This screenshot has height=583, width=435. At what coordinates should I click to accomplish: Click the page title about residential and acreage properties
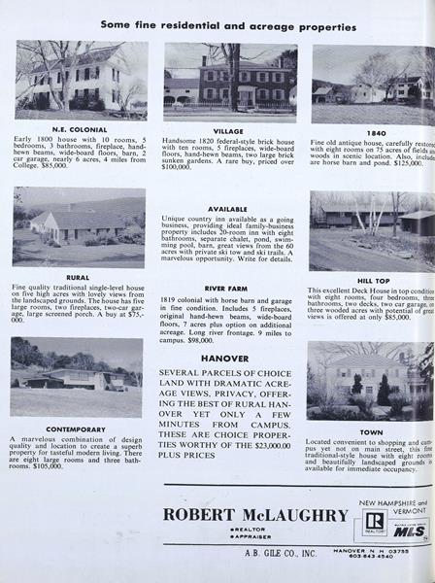point(227,27)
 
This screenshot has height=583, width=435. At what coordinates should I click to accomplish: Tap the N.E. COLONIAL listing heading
point(79,129)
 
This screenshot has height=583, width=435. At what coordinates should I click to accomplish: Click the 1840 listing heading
point(374,131)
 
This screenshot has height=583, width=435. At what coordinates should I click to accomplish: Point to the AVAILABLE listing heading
point(227,208)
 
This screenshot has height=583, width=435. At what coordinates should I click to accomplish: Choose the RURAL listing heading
point(78,277)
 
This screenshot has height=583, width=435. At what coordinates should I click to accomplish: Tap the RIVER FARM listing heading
point(227,289)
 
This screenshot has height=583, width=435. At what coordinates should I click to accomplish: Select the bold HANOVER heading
point(225,358)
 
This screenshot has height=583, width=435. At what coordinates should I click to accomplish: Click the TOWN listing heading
point(371,431)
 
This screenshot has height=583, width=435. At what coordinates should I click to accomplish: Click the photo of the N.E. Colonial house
point(80,81)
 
